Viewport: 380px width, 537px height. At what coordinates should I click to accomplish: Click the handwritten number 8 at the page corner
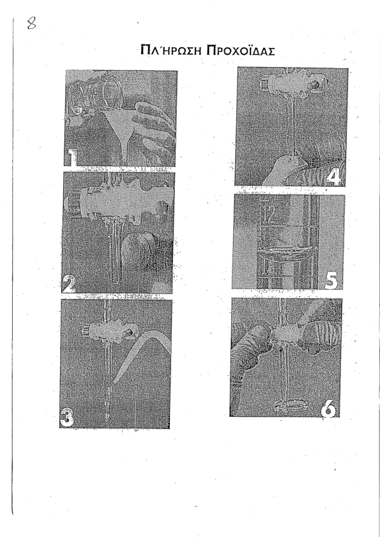(x=31, y=24)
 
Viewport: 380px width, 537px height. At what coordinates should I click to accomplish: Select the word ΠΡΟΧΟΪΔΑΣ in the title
(x=240, y=50)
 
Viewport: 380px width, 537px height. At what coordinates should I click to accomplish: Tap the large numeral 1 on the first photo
(x=72, y=158)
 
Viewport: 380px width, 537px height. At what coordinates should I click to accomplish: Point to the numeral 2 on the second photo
(x=68, y=284)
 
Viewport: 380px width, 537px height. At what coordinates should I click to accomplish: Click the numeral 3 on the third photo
(x=66, y=418)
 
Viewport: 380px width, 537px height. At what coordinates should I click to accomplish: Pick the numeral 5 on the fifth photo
(x=331, y=280)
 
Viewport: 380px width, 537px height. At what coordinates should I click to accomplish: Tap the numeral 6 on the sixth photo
(x=328, y=409)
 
